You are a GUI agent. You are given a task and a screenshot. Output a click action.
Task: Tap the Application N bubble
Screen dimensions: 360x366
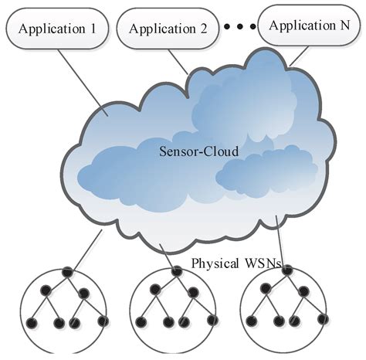click(x=308, y=25)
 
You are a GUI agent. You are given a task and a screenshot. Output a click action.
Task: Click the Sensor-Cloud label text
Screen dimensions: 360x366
click(x=198, y=151)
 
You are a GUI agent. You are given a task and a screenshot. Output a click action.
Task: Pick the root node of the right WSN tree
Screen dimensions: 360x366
click(x=285, y=271)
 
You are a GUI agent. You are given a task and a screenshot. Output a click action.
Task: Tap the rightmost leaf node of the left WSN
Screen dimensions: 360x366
click(x=102, y=320)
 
